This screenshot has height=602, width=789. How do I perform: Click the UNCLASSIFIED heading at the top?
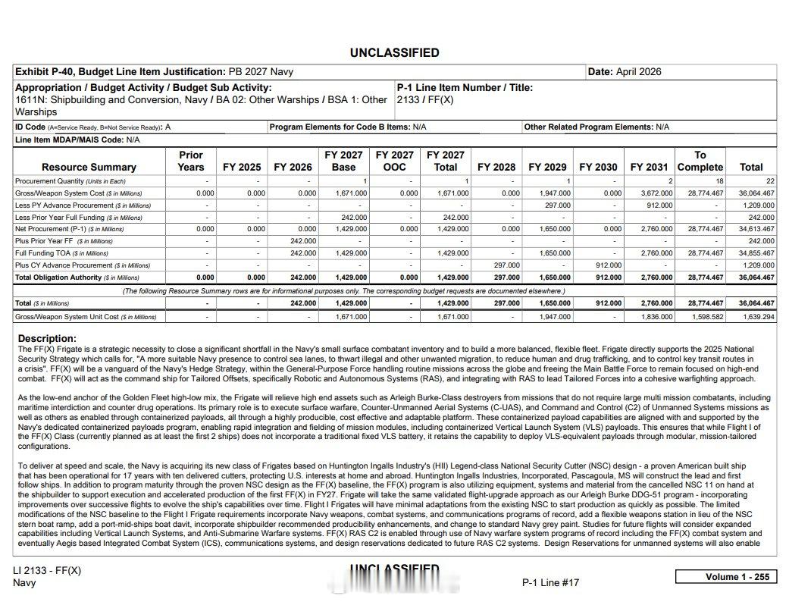coord(394,53)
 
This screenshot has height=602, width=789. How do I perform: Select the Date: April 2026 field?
coord(625,72)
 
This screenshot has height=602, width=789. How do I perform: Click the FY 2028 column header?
coord(496,167)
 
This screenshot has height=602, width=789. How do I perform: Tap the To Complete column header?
coord(700,161)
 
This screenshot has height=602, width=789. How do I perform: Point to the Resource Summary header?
coord(89,167)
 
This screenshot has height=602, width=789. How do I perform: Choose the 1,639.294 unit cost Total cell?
coord(759,317)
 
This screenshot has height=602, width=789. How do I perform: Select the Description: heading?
coord(47,338)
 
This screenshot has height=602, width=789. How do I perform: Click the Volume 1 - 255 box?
coord(725,577)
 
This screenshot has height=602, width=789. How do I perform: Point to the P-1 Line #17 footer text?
coord(550,582)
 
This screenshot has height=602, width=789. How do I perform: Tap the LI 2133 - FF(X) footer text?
coord(46,570)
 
